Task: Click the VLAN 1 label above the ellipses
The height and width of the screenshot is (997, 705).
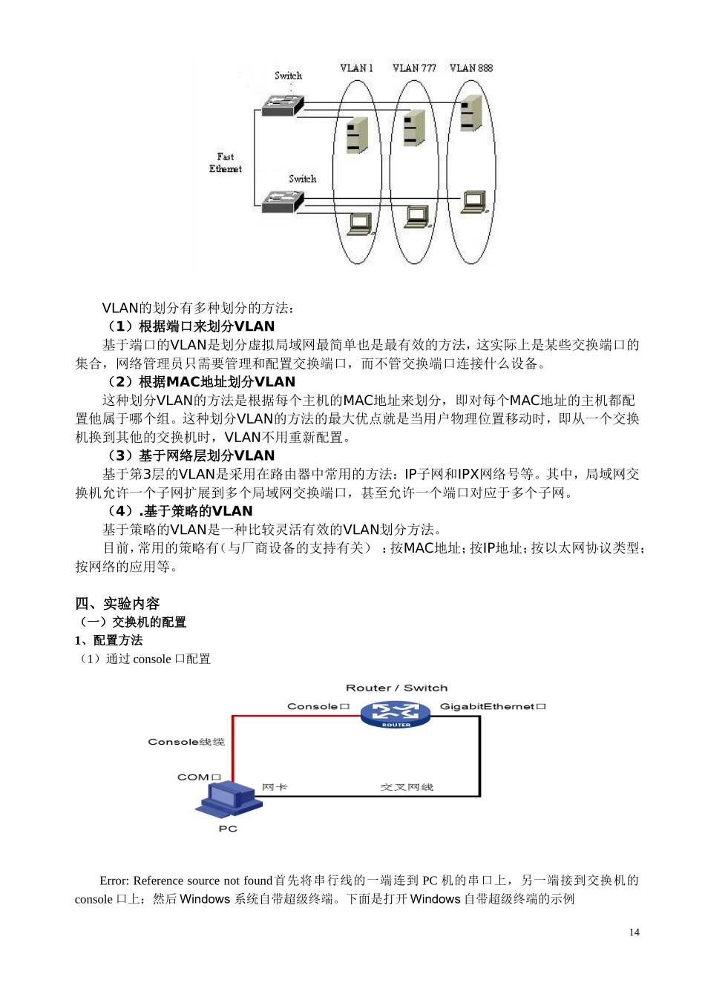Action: tap(356, 68)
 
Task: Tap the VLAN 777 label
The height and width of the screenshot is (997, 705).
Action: tap(414, 68)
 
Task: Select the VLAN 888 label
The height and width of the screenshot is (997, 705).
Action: tap(471, 68)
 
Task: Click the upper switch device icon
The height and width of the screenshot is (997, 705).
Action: tap(283, 105)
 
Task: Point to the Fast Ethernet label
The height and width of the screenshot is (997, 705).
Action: tap(226, 163)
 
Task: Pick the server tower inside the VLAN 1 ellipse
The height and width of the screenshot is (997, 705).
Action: tap(357, 135)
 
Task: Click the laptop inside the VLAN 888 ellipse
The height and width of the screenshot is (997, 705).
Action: tap(474, 202)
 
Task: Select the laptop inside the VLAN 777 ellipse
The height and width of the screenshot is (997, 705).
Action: tap(417, 216)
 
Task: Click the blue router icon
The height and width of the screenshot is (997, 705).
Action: tap(396, 715)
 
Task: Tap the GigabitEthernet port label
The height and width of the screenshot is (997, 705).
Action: tap(493, 706)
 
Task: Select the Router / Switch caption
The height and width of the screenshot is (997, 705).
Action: tap(396, 688)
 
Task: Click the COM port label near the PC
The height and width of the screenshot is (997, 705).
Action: tap(199, 777)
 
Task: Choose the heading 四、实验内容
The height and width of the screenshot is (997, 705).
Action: tap(117, 604)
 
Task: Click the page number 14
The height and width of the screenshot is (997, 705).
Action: tap(634, 932)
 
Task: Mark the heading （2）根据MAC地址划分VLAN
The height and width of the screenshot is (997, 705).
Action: tap(201, 382)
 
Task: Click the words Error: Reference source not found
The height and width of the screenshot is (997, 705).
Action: tap(186, 881)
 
